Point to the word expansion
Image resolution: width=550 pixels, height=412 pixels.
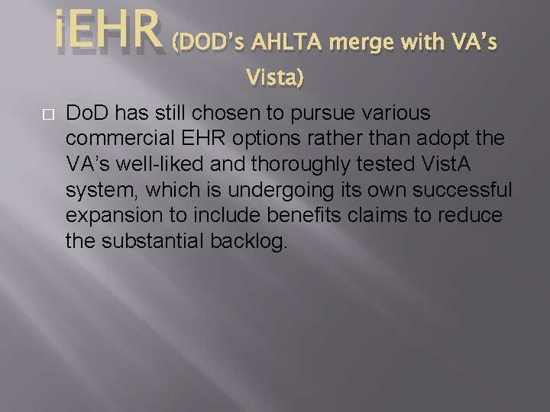tap(115, 216)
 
